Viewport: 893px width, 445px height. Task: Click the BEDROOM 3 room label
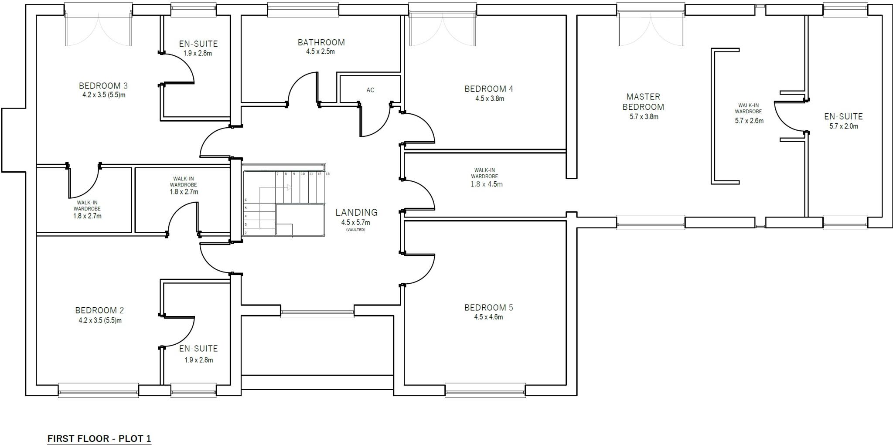[103, 85]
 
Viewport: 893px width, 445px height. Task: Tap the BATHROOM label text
[321, 42]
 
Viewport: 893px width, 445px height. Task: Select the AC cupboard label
[370, 90]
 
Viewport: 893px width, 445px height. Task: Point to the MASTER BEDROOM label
[643, 102]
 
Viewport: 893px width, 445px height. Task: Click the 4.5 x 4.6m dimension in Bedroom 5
[488, 317]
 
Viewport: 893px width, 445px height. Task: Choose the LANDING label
[356, 212]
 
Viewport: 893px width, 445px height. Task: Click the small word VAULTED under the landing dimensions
[356, 230]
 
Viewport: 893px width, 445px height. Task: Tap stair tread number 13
[327, 174]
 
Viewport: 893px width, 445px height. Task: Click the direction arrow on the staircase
[289, 187]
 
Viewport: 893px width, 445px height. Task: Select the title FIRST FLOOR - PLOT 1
[99, 438]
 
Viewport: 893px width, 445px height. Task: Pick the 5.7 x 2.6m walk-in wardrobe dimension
[749, 121]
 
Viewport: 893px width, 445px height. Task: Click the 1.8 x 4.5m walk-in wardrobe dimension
[486, 184]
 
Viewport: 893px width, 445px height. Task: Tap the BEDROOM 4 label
[488, 89]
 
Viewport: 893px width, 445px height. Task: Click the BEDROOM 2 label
[99, 310]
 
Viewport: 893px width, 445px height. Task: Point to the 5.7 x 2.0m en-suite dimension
[843, 126]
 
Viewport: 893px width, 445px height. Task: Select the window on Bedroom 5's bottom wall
[485, 390]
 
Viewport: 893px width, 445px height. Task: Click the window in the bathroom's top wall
[303, 10]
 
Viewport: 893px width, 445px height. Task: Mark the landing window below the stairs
[317, 313]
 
